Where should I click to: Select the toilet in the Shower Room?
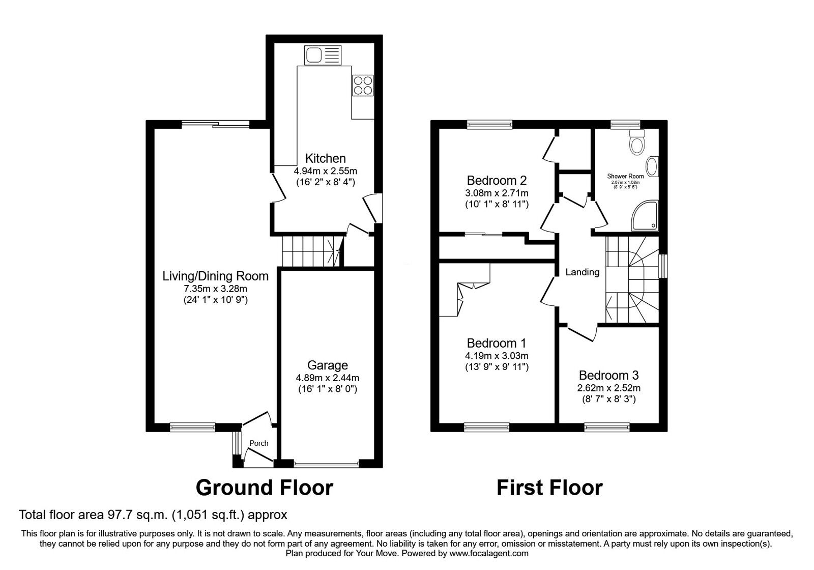pos(636,142)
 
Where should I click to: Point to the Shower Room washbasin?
pos(653,166)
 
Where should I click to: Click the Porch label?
pos(258,443)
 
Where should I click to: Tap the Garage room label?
pos(328,365)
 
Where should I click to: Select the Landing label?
pos(583,272)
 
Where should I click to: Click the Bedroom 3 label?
pos(608,376)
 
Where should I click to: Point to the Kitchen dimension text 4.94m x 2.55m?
pos(326,170)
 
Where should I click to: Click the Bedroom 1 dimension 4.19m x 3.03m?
pos(497,356)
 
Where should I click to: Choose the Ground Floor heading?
pos(264,488)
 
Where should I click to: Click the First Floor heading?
pos(549,488)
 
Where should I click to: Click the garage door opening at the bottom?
pos(326,464)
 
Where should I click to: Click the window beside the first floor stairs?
pos(663,266)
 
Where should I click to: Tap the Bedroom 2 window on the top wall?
pos(489,124)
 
